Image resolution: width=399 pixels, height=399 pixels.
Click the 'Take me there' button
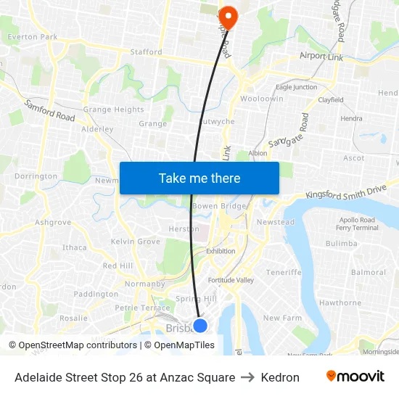[x=199, y=178]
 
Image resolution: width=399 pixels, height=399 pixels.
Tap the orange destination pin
[x=229, y=17]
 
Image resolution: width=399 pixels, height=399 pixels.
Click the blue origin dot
[x=200, y=326]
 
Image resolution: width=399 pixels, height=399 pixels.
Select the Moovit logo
[x=355, y=377]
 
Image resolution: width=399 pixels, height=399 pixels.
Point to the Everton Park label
[x=33, y=37]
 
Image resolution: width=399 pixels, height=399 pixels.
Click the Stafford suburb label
[x=146, y=52]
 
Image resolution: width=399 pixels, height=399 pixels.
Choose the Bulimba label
[x=340, y=244]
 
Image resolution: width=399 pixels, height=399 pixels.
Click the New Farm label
[x=281, y=318]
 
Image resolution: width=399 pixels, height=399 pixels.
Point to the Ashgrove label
[x=53, y=223]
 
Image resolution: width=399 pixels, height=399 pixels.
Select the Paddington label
[x=96, y=295]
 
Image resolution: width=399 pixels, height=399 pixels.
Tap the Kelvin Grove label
[x=136, y=242]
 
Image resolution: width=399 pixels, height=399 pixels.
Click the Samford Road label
[x=49, y=111]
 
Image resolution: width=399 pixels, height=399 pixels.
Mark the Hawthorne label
[x=340, y=303]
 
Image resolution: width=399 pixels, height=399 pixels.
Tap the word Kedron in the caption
[x=281, y=377]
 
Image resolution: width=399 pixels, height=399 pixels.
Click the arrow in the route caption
[x=249, y=377]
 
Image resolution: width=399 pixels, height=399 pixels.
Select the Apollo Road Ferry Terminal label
[x=357, y=223]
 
